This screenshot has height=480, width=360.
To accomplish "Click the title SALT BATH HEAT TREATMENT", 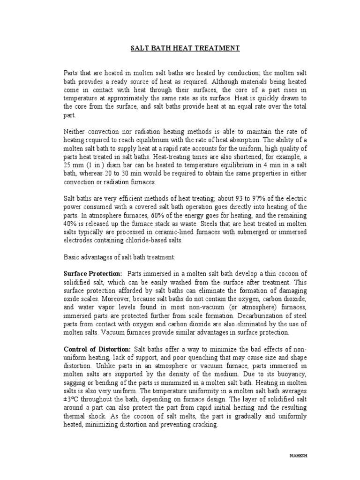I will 184,48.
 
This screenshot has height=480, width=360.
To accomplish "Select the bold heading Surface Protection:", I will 93,273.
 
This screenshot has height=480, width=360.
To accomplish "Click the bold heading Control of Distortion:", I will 97,349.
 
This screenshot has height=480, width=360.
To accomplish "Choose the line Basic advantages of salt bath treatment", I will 119,257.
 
